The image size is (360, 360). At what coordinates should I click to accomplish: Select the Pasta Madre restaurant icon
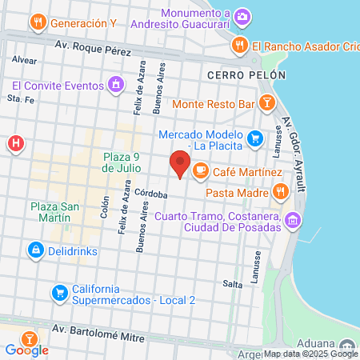[280, 190]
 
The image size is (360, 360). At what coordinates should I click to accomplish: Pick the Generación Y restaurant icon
[37, 23]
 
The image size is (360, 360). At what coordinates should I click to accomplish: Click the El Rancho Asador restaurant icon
[238, 45]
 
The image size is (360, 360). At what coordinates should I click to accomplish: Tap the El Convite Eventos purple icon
[117, 83]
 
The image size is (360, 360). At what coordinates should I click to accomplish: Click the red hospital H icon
[14, 144]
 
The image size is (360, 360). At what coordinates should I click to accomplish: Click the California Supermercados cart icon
[59, 294]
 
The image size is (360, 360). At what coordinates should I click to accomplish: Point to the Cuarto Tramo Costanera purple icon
[293, 220]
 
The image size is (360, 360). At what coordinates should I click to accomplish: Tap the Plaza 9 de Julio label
[122, 162]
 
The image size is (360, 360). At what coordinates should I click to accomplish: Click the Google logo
[26, 350]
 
